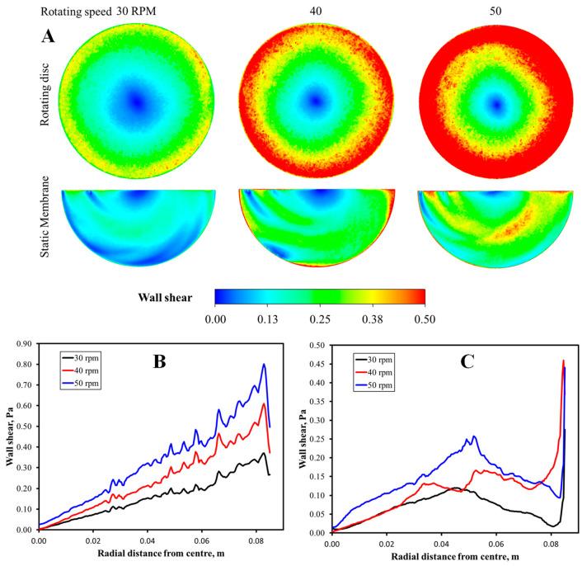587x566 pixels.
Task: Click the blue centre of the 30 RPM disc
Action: tap(137, 101)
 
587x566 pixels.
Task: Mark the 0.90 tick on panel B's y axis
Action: tap(27, 343)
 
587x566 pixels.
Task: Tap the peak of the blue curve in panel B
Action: tap(264, 364)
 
